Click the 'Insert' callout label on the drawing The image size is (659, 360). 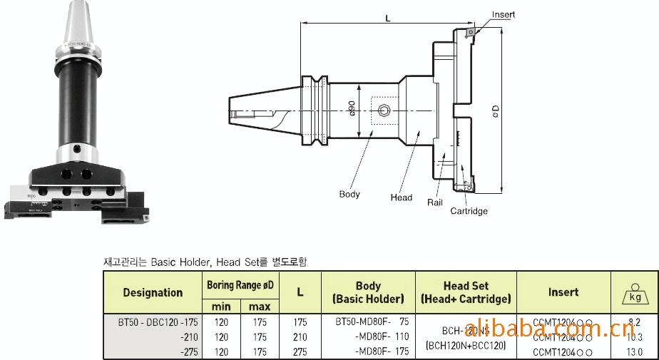(503, 14)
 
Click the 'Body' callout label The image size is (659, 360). (349, 194)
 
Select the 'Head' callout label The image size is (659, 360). (401, 197)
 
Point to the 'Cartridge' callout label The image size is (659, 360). (469, 211)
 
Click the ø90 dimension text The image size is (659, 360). (352, 109)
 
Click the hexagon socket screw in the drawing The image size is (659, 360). (384, 110)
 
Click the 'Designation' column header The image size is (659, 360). (153, 292)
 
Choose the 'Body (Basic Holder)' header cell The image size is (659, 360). (368, 292)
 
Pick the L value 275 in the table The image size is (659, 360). (300, 351)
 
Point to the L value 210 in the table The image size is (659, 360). (300, 337)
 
